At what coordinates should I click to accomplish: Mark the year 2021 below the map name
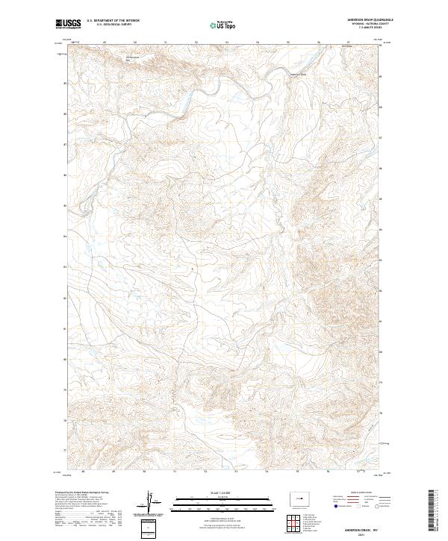tap(366, 534)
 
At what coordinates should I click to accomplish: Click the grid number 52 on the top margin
tap(196, 43)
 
